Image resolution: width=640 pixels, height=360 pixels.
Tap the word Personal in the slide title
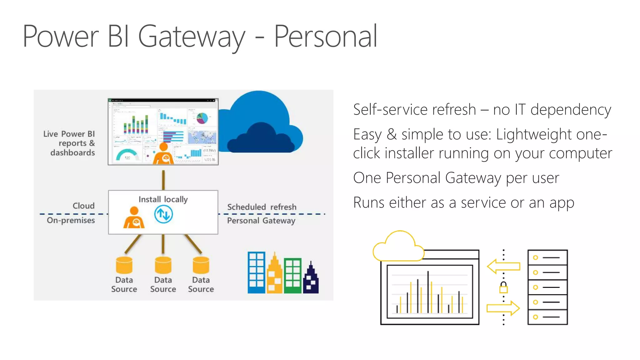pyautogui.click(x=326, y=37)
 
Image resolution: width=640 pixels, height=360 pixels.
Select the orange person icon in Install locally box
pyautogui.click(x=134, y=218)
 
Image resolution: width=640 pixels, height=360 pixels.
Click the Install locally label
pyautogui.click(x=163, y=199)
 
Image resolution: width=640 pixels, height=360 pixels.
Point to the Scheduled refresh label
pyautogui.click(x=262, y=207)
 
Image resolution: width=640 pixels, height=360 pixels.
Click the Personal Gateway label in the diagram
pyautogui.click(x=261, y=221)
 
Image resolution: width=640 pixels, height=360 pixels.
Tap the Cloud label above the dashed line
pyautogui.click(x=83, y=206)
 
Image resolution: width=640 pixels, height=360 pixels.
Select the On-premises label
pyautogui.click(x=71, y=220)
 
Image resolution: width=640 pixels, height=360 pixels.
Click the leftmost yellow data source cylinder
pyautogui.click(x=124, y=265)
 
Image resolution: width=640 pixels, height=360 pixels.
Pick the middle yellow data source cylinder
pyautogui.click(x=163, y=265)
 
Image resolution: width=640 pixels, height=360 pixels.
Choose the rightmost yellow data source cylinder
pyautogui.click(x=201, y=265)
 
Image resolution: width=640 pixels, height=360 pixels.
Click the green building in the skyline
pyautogui.click(x=293, y=276)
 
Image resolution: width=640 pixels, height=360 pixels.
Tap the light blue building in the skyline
pyautogui.click(x=256, y=272)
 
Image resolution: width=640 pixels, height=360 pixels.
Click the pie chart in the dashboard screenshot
pyautogui.click(x=202, y=118)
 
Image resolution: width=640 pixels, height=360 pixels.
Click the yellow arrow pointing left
pyautogui.click(x=503, y=267)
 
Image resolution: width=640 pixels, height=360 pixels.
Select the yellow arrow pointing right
pyautogui.click(x=503, y=308)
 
